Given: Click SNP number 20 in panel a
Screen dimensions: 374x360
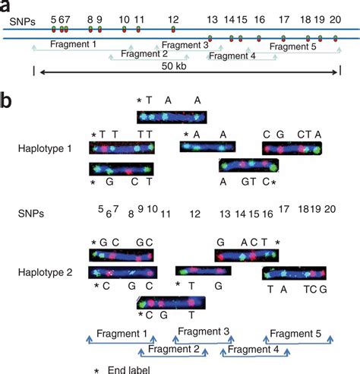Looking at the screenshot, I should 335,17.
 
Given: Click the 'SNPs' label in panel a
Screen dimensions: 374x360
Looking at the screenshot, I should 16,17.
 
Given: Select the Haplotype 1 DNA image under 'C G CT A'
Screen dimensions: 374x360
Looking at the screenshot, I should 294,149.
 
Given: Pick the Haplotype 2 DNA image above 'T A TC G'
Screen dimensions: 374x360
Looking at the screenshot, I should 294,274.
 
